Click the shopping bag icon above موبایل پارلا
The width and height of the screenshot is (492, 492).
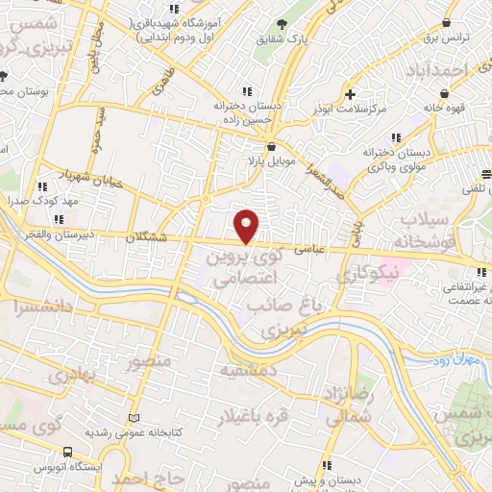[271, 145]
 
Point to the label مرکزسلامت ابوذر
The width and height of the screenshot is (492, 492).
[355, 110]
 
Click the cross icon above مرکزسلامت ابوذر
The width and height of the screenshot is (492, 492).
[352, 95]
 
